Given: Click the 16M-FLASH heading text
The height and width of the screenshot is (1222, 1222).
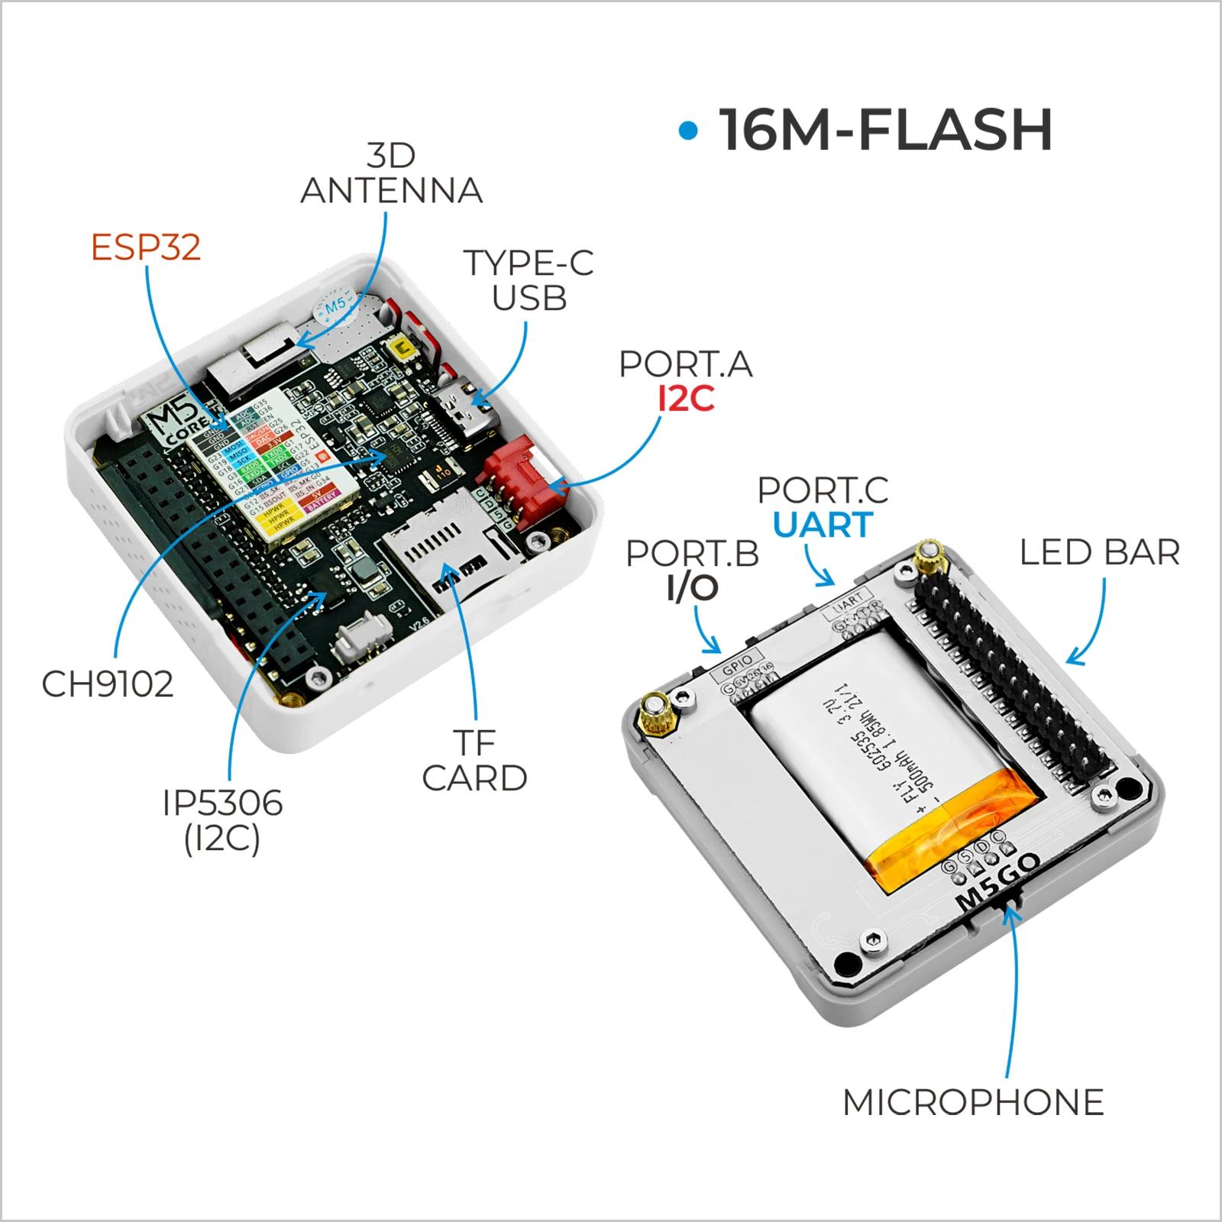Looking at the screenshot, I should [886, 130].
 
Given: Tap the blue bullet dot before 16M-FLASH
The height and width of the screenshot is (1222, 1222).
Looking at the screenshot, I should [688, 131].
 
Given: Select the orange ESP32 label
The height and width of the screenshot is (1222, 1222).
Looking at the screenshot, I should [146, 247].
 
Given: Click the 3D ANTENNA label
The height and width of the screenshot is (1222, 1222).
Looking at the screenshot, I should [392, 174].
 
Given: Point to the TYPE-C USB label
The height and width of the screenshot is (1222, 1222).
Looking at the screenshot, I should [529, 280].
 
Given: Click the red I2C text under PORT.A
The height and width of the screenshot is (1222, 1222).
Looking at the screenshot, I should [686, 399].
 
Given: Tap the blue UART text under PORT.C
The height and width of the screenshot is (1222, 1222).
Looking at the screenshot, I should [823, 525].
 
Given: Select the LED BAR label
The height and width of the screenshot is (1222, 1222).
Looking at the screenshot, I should [1099, 552].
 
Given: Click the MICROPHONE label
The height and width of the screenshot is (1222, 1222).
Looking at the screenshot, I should [973, 1102].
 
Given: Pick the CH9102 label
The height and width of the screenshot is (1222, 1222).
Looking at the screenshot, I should [108, 684].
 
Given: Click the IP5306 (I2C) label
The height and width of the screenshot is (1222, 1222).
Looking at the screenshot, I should [222, 820].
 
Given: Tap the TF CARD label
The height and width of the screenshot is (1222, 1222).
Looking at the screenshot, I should [474, 761].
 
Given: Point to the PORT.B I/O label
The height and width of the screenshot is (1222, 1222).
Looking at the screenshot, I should [693, 570].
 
